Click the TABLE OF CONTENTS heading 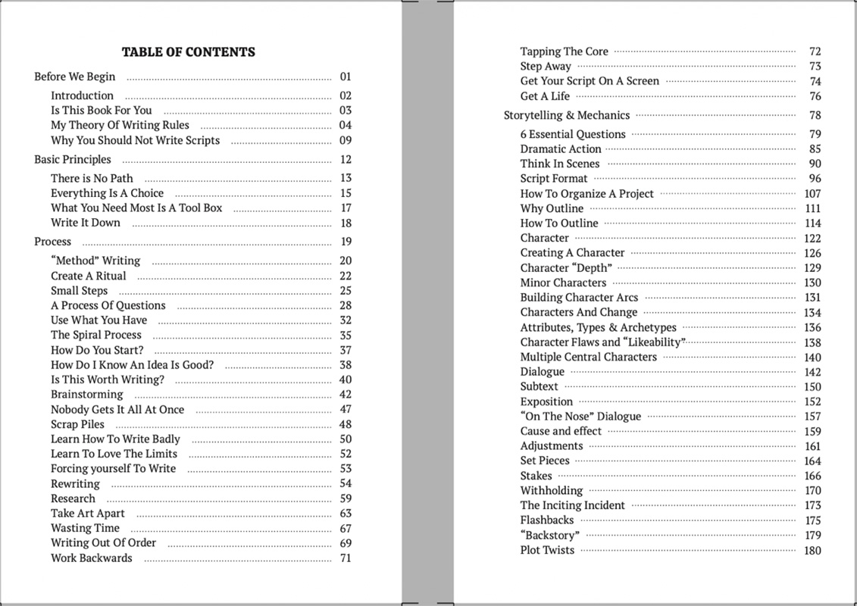tap(188, 52)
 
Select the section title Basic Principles tap(73, 160)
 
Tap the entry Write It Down tap(86, 223)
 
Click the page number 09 tap(346, 141)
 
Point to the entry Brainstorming tap(86, 395)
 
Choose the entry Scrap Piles tap(77, 424)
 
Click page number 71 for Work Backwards tap(346, 558)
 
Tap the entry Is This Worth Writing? tap(107, 380)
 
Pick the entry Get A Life tap(545, 96)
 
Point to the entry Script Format tap(554, 179)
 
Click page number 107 tap(812, 194)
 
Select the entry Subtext tap(539, 386)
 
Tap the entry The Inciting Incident tap(572, 505)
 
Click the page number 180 tap(812, 551)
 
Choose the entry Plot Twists tap(547, 550)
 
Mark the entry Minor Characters tap(563, 283)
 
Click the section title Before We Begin tap(75, 77)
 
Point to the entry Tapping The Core tap(564, 52)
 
